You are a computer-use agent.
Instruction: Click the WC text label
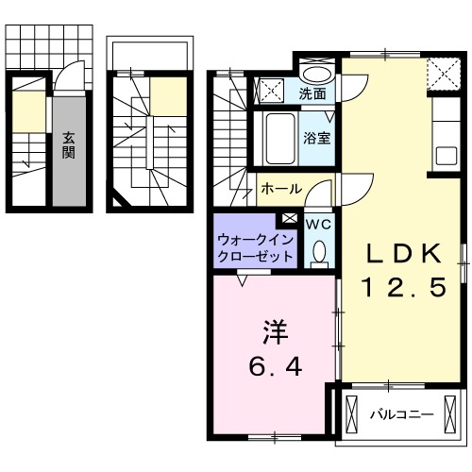point(317,224)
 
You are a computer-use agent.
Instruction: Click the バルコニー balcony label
point(400,413)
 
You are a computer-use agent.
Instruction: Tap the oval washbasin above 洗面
point(317,74)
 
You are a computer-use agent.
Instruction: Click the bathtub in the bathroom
point(279,138)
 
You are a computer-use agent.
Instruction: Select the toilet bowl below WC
point(318,250)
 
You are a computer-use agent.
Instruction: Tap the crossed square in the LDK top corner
point(441,71)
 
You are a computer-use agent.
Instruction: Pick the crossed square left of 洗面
point(271,92)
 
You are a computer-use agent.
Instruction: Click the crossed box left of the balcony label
point(352,413)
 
